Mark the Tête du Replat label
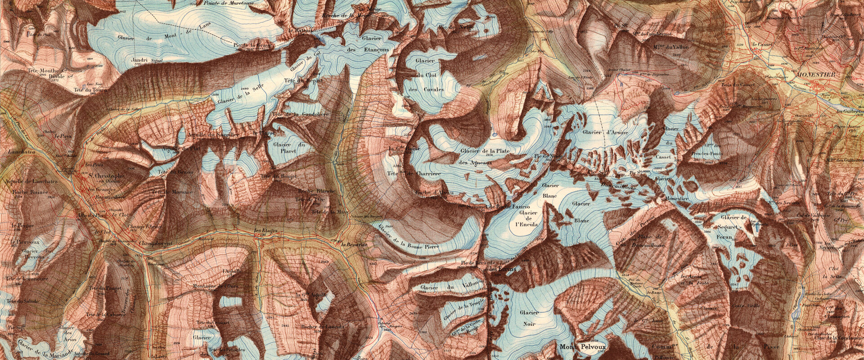point(301,81)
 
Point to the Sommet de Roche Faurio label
point(495,207)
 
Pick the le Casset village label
point(760,45)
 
